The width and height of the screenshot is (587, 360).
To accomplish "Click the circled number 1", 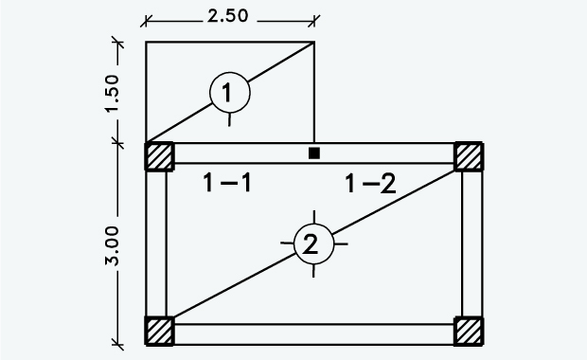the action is tap(229, 93).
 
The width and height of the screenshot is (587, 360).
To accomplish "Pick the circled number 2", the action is tap(311, 245).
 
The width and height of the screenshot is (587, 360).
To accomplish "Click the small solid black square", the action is tap(315, 153).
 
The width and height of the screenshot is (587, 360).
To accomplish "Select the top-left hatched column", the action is tap(159, 156).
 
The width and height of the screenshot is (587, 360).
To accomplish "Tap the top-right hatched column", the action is tap(469, 156).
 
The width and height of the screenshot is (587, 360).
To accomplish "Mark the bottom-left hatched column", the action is tap(159, 332).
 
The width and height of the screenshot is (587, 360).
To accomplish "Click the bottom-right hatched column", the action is tap(469, 332).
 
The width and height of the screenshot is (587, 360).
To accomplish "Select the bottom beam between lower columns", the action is tap(312, 333).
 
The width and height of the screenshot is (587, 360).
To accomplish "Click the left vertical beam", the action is tap(156, 244).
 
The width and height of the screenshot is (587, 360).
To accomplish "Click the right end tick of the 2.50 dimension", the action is tap(314, 17).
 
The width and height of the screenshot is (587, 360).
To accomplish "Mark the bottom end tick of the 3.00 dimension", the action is tap(116, 342).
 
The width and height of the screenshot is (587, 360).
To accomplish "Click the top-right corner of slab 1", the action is tap(314, 42).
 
